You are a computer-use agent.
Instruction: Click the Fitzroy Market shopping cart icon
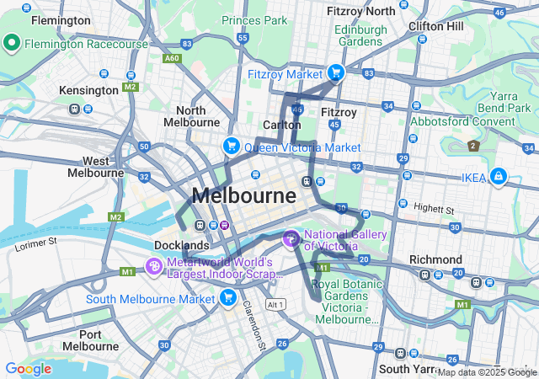335,73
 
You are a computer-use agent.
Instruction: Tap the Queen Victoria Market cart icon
230,147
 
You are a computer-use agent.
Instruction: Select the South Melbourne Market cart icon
227,298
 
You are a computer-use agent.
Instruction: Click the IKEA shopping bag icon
499,177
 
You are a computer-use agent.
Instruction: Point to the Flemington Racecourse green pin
13,42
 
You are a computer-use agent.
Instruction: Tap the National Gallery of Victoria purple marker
291,239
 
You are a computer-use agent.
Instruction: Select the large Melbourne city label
243,196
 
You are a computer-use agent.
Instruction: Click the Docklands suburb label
181,245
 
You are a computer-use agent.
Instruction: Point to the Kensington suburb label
88,90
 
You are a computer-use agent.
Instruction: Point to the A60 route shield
172,58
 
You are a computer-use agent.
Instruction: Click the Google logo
28,369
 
